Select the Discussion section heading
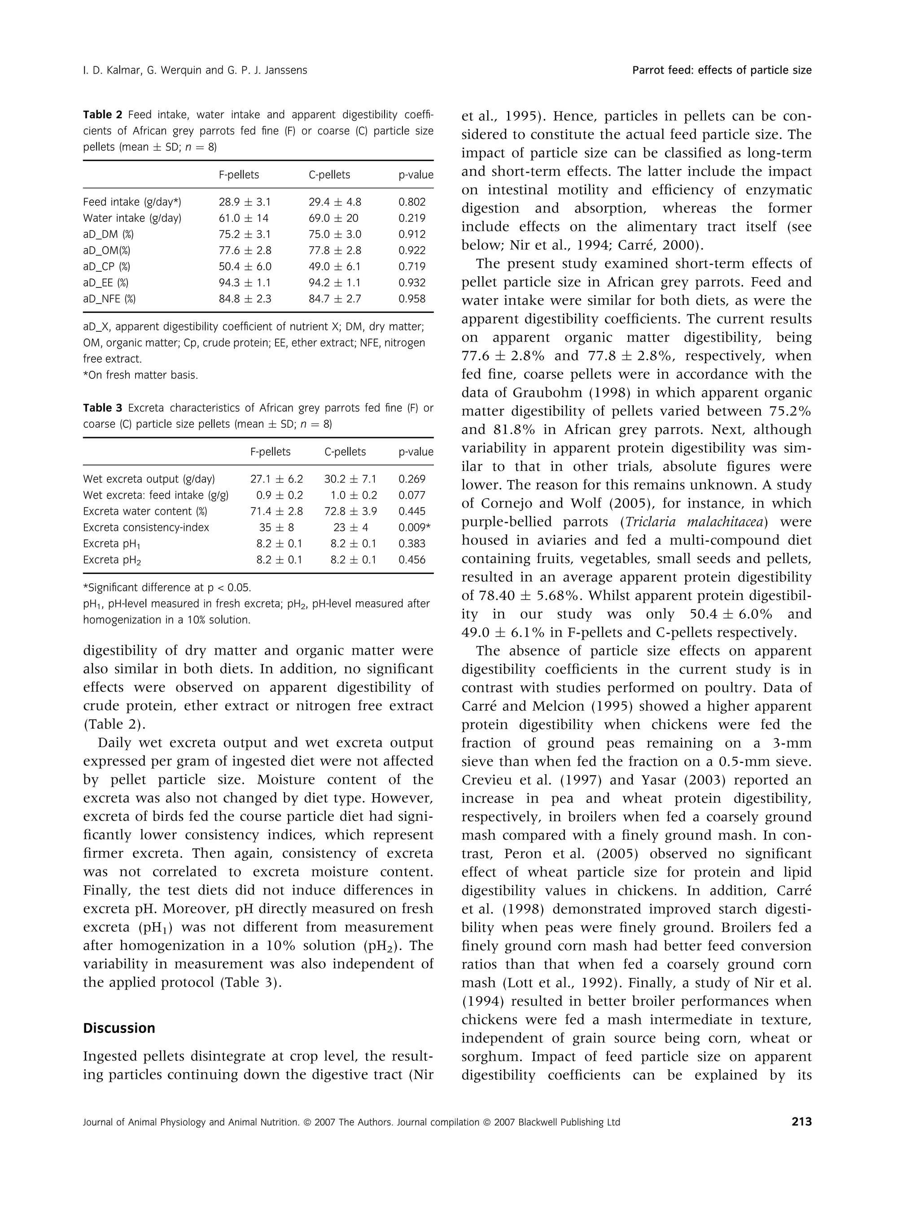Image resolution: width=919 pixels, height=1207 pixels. click(119, 1028)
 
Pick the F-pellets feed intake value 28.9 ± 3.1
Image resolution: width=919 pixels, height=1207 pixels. click(245, 202)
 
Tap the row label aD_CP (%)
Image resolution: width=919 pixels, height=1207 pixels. click(107, 267)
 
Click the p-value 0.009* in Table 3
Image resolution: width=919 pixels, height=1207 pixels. click(414, 528)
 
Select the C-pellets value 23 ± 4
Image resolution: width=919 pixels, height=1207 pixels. click(350, 528)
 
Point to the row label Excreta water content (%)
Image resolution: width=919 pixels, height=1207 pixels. click(145, 511)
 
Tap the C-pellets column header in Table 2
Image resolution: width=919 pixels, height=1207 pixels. click(329, 175)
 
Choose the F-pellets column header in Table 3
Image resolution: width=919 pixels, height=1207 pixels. click(270, 452)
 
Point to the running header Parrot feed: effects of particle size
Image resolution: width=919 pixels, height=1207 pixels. click(722, 70)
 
